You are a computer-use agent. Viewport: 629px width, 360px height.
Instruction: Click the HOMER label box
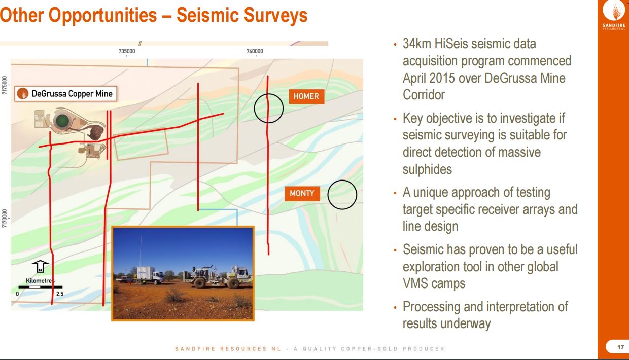click(x=306, y=96)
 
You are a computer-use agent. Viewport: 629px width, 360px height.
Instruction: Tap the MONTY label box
click(x=302, y=193)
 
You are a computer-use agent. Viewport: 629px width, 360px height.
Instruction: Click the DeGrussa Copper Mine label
click(x=66, y=94)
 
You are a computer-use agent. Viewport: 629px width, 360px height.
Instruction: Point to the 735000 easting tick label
click(x=127, y=51)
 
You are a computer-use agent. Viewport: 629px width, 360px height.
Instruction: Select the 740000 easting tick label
click(x=255, y=51)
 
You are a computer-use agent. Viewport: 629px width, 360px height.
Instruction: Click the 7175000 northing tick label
click(x=4, y=85)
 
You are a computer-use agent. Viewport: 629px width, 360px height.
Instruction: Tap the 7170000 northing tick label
click(x=4, y=219)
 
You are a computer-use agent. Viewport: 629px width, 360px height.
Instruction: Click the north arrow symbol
click(x=40, y=266)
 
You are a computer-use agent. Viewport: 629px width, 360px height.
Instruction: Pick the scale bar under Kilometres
click(x=41, y=287)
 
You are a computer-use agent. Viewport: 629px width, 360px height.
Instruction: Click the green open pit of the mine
click(x=62, y=121)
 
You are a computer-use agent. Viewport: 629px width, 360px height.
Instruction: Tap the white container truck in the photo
click(x=150, y=275)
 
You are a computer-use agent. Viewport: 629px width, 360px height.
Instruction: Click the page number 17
click(x=620, y=347)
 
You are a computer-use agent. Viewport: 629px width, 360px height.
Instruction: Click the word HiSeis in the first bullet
click(x=451, y=44)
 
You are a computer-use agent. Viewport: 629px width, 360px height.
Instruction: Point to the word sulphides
click(x=428, y=169)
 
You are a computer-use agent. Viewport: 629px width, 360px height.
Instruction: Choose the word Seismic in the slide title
click(x=208, y=15)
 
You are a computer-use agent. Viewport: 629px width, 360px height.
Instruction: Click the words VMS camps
click(x=434, y=283)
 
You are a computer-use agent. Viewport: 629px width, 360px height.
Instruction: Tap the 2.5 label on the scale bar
click(x=60, y=294)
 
